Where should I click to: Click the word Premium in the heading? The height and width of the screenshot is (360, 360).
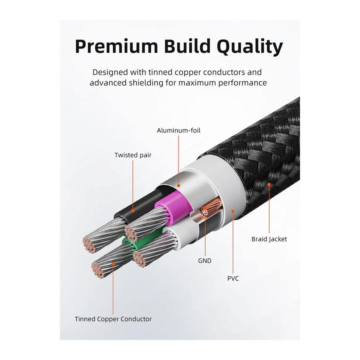(116, 47)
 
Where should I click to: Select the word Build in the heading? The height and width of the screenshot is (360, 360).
(187, 46)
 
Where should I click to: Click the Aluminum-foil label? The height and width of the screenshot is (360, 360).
(178, 130)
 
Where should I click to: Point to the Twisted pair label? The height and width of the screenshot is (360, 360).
(133, 155)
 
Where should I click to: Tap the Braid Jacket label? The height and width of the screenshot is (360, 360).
(269, 239)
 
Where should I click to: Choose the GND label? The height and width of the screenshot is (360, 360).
(204, 261)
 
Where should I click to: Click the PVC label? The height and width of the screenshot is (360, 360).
(233, 278)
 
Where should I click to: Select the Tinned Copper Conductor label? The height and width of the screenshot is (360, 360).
(113, 319)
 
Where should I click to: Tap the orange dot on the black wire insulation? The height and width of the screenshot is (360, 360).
(133, 210)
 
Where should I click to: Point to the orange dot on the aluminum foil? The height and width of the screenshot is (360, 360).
(178, 186)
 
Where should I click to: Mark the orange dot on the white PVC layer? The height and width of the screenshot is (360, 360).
(233, 211)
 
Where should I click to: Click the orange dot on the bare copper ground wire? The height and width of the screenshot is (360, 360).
(205, 209)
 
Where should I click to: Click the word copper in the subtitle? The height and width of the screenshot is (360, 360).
(188, 72)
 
